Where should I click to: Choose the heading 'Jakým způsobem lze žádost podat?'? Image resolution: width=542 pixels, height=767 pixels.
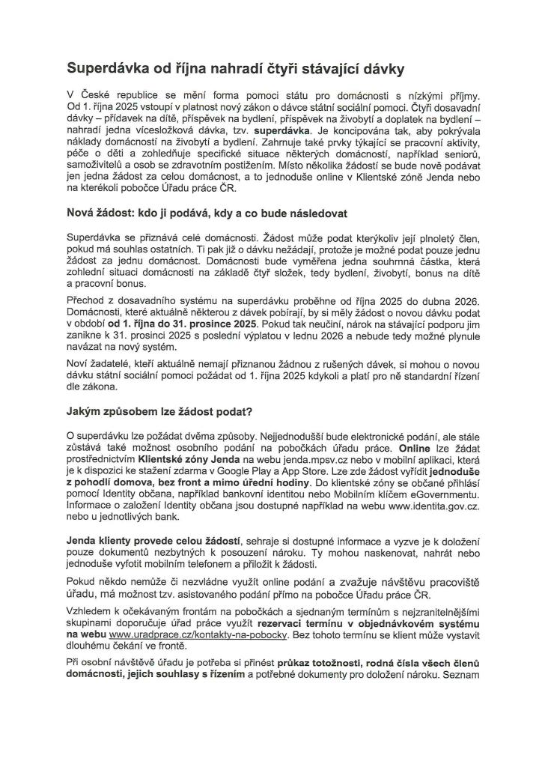click(159, 411)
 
